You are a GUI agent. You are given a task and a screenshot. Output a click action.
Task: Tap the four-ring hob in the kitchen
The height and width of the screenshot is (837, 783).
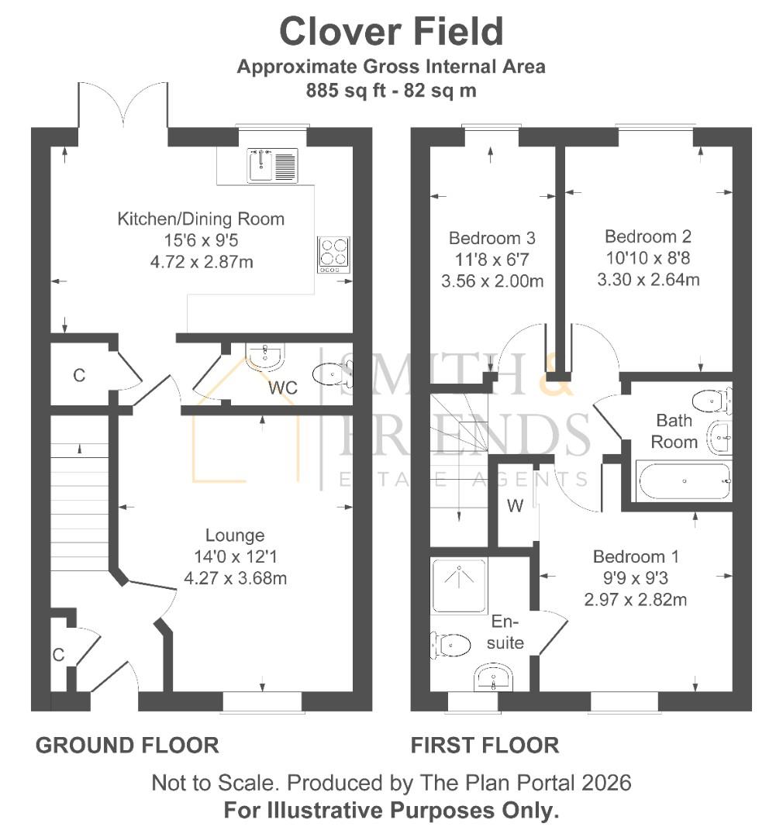tap(333, 254)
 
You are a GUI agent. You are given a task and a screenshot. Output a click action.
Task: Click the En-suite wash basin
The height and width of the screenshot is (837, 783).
tap(493, 677)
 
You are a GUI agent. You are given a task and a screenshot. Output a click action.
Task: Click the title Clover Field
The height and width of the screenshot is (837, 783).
tap(391, 32)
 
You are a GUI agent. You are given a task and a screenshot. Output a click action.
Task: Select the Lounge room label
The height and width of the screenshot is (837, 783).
tap(235, 535)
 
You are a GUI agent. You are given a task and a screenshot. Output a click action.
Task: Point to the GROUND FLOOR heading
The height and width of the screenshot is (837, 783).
tap(127, 746)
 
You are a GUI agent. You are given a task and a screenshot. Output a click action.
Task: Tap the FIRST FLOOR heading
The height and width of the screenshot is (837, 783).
tap(485, 746)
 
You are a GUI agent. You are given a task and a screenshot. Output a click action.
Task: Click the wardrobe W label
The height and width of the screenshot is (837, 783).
tap(515, 506)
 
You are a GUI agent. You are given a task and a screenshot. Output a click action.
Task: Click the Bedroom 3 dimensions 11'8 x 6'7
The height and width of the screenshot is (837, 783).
tap(492, 260)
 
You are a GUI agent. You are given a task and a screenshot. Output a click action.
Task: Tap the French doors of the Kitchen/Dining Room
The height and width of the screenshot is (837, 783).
tap(122, 108)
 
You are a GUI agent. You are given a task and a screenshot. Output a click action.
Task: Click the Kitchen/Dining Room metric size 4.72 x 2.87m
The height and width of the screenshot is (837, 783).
tap(201, 261)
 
